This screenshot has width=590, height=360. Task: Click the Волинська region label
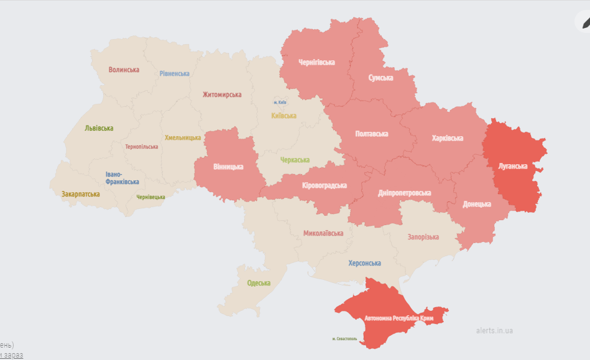click(x=124, y=70)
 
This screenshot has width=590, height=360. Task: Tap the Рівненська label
click(x=174, y=73)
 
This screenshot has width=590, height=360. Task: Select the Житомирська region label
click(x=222, y=95)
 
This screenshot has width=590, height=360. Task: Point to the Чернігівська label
click(x=316, y=62)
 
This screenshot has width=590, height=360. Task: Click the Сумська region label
click(x=380, y=78)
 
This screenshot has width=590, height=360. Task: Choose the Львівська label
click(x=99, y=128)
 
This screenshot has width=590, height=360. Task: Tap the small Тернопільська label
click(x=141, y=147)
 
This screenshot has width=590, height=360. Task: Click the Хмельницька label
click(x=183, y=137)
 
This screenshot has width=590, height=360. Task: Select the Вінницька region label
click(x=228, y=167)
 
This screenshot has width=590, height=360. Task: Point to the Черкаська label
click(x=295, y=160)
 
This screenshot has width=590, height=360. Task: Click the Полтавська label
click(x=371, y=134)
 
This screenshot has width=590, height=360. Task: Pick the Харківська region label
click(x=448, y=138)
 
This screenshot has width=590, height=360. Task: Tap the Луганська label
click(x=513, y=166)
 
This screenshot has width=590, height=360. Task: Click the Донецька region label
click(x=477, y=204)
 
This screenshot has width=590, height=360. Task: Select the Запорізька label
click(x=423, y=237)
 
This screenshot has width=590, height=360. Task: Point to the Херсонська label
click(x=364, y=263)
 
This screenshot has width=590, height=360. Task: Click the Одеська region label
click(x=259, y=283)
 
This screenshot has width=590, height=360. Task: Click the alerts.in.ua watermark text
click(x=494, y=331)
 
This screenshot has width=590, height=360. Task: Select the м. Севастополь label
click(x=344, y=339)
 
